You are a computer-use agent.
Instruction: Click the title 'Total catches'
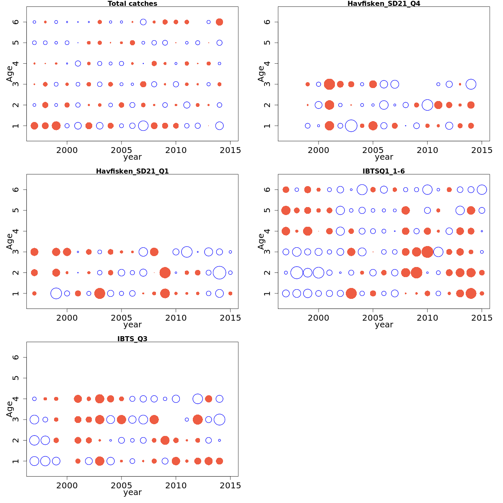point(132,4)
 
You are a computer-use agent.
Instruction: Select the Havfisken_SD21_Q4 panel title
point(384,4)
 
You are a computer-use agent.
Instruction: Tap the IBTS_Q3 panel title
point(132,339)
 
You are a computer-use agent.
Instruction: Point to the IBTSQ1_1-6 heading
point(384,171)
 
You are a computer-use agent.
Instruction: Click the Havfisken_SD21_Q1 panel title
point(132,171)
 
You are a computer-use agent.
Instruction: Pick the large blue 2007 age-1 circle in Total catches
point(143,126)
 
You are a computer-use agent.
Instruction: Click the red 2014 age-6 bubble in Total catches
point(219,22)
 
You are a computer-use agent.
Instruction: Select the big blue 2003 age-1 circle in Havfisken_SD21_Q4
point(351,126)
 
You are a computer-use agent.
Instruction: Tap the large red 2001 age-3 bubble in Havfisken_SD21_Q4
point(329,84)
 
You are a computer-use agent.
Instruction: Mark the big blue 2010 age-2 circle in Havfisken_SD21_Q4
point(428,105)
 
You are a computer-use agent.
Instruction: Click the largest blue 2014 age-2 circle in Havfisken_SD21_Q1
point(219,272)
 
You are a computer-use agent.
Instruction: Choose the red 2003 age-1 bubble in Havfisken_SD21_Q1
point(100,293)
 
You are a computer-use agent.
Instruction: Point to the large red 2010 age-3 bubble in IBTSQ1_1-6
point(428,252)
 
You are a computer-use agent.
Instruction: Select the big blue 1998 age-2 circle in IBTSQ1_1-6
point(297,272)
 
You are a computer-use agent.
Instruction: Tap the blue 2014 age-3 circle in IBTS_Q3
point(219,420)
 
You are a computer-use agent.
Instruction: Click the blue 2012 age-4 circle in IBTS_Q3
point(198,399)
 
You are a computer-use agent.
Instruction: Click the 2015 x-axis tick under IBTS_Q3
point(230,485)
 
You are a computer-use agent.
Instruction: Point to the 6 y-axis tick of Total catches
point(16,22)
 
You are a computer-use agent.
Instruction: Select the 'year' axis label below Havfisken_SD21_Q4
point(384,157)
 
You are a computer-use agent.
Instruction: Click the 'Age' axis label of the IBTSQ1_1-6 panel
point(261,241)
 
